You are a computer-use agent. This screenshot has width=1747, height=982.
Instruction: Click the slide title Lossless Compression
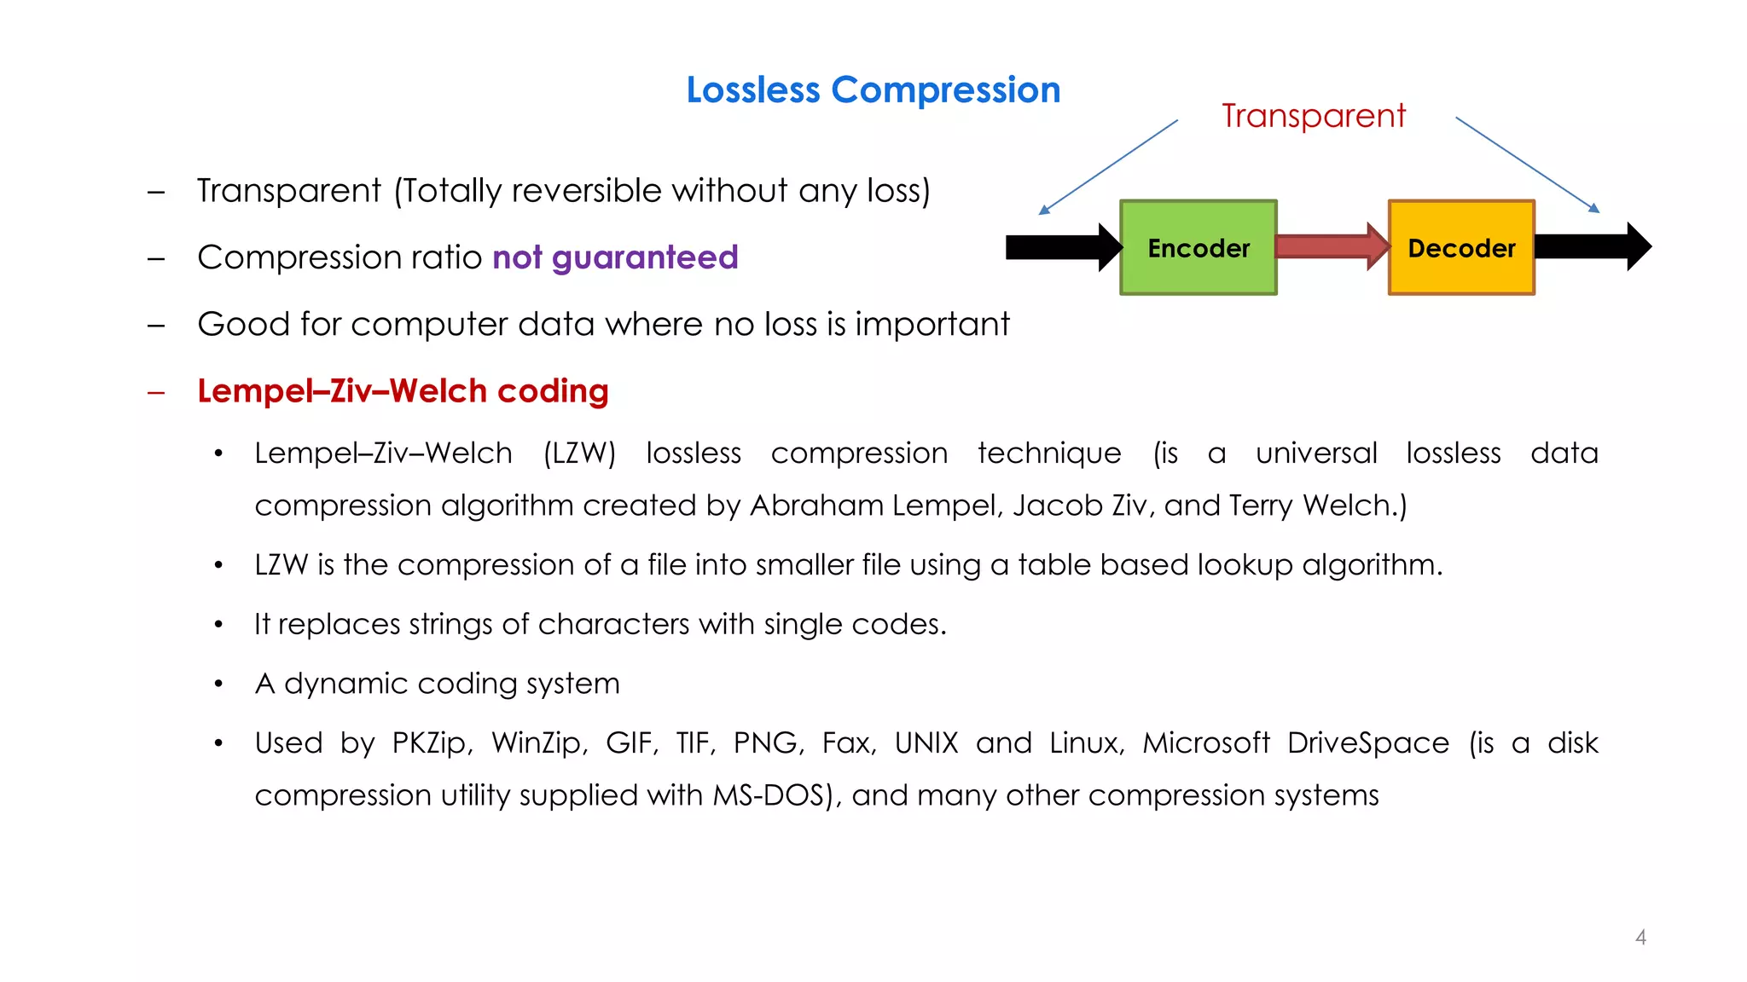click(x=873, y=90)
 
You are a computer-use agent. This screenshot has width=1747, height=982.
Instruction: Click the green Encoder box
click(x=1198, y=248)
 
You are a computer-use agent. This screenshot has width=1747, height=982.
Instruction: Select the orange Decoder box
click(x=1461, y=248)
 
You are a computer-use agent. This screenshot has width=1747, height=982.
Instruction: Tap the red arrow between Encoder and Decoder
click(x=1331, y=246)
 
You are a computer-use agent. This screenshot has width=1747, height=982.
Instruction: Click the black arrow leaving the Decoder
click(x=1592, y=247)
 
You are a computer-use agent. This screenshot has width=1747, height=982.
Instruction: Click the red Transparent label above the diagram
click(x=1313, y=116)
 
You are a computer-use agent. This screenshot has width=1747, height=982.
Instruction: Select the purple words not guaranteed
click(x=615, y=257)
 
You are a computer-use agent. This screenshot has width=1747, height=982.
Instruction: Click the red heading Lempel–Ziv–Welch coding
click(x=403, y=391)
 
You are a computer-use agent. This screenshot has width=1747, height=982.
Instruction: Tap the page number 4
click(x=1640, y=938)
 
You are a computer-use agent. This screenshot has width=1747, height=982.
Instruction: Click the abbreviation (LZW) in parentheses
click(x=579, y=453)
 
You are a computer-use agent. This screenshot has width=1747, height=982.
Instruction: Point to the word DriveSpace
click(x=1367, y=743)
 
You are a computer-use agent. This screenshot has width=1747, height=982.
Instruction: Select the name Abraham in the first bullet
click(x=816, y=505)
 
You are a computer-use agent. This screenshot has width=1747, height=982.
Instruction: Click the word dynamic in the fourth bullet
click(x=345, y=684)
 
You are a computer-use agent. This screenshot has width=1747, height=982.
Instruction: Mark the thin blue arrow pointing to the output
click(x=1527, y=165)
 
